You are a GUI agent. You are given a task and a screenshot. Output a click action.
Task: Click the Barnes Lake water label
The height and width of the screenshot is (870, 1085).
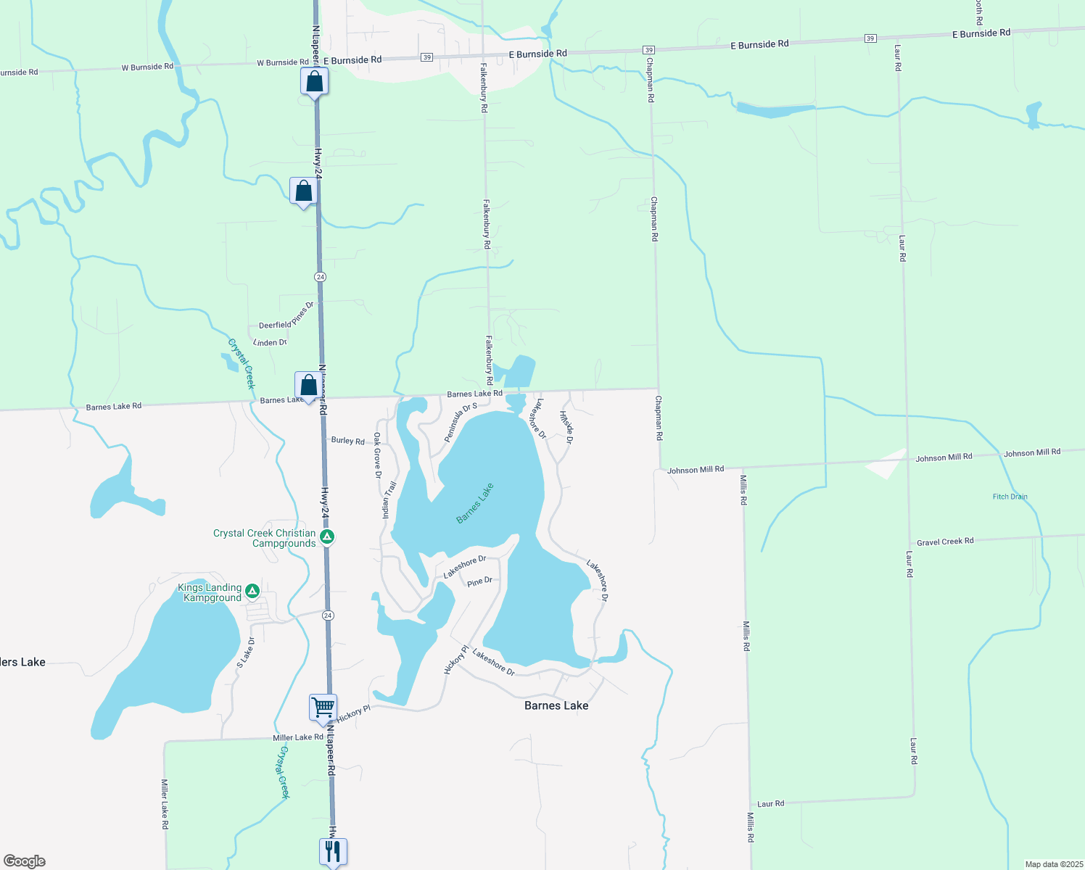(x=475, y=503)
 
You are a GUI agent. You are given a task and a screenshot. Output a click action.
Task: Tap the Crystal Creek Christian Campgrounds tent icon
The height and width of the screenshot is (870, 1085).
(x=327, y=537)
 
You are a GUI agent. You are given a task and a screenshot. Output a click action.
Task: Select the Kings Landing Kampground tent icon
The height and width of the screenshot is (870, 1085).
(x=252, y=592)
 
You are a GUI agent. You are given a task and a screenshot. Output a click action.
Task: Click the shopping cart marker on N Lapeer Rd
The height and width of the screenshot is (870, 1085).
(x=323, y=707)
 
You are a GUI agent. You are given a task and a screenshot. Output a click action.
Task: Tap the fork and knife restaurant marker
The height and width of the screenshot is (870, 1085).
(x=333, y=851)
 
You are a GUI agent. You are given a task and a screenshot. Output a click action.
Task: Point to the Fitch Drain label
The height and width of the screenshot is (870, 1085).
(x=1010, y=497)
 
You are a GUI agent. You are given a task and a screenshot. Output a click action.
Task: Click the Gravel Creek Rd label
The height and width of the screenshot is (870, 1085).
(x=945, y=542)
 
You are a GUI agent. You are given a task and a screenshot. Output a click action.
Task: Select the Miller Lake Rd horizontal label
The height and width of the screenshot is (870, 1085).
(x=298, y=737)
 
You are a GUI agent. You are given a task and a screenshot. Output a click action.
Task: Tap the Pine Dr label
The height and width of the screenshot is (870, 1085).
(x=479, y=581)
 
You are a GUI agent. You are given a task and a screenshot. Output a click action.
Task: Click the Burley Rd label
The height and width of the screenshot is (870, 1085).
(x=347, y=440)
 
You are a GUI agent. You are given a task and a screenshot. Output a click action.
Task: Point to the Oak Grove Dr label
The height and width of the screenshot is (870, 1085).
(x=377, y=456)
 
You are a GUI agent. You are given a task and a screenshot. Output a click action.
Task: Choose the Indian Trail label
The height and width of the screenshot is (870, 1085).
(x=389, y=500)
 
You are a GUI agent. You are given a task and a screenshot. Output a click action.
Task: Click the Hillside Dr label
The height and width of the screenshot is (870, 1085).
(x=566, y=427)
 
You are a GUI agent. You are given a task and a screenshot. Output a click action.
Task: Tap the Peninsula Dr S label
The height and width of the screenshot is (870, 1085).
(x=461, y=423)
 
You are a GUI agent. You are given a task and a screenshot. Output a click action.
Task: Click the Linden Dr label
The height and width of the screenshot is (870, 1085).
(x=270, y=342)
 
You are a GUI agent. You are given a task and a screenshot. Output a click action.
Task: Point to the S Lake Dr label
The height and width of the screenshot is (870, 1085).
(x=246, y=653)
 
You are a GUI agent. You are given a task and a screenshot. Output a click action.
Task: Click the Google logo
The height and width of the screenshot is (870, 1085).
(x=24, y=861)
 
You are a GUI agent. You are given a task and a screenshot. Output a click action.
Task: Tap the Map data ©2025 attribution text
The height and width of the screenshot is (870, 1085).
(x=1052, y=864)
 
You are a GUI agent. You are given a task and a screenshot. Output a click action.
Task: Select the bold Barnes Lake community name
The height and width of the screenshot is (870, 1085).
(x=556, y=705)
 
